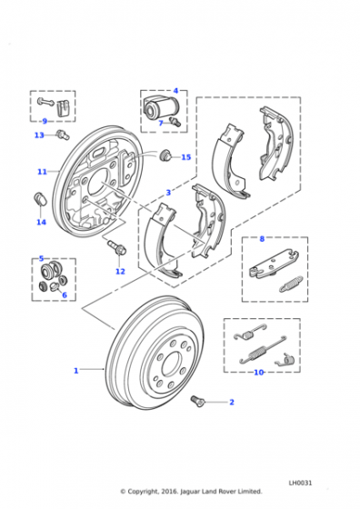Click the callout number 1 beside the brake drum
[x=76, y=371]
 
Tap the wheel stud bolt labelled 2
[x=196, y=401]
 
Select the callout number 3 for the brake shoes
[x=168, y=193]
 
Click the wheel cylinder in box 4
[x=160, y=107]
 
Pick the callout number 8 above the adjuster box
[x=262, y=239]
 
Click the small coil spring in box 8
[x=291, y=284]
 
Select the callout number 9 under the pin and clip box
[x=45, y=121]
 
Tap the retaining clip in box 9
[x=64, y=107]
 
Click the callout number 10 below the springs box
[x=259, y=373]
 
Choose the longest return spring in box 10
[x=263, y=350]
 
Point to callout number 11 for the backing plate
[x=42, y=172]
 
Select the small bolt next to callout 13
[x=63, y=135]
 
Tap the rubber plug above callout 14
[x=40, y=199]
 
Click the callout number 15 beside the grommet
[x=186, y=157]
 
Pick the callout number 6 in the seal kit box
[x=65, y=295]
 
